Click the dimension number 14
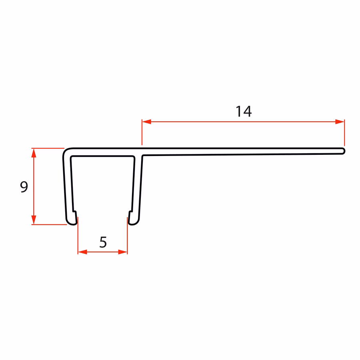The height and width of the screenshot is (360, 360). click(244, 112)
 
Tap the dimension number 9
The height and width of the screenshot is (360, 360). click(24, 187)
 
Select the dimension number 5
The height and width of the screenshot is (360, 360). click(103, 242)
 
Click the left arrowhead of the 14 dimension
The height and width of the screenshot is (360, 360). click(146, 122)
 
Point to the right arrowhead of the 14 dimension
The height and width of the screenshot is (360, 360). click(340, 122)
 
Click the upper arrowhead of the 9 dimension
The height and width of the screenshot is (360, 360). click(34, 153)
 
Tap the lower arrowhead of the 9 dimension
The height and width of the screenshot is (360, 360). click(34, 220)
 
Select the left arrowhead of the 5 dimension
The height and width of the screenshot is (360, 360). click(83, 252)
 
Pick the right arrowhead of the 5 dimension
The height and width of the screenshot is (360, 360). click(123, 252)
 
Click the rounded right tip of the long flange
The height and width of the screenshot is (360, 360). click(343, 151)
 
